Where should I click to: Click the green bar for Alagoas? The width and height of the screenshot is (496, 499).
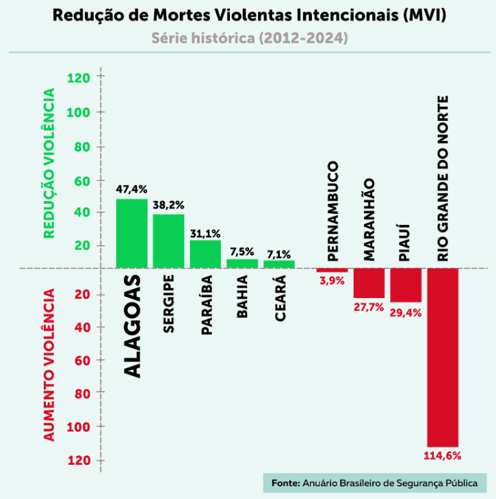pyautogui.click(x=131, y=233)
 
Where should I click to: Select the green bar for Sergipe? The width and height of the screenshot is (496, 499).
pyautogui.click(x=168, y=241)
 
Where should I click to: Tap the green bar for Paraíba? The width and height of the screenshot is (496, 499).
pyautogui.click(x=205, y=254)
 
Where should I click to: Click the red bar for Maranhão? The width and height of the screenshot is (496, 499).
pyautogui.click(x=369, y=283)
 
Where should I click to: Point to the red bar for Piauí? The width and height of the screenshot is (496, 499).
pyautogui.click(x=406, y=285)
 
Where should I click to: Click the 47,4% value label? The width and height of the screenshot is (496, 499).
pyautogui.click(x=131, y=189)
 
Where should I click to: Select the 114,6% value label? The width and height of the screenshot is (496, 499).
pyautogui.click(x=443, y=455)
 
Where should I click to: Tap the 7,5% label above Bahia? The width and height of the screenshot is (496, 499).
pyautogui.click(x=242, y=251)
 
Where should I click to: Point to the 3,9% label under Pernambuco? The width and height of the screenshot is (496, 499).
pyautogui.click(x=332, y=280)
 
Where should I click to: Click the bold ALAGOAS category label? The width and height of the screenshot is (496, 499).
pyautogui.click(x=132, y=325)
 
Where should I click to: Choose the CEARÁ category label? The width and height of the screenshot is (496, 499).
pyautogui.click(x=279, y=294)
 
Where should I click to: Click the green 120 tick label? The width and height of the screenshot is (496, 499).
pyautogui.click(x=79, y=78)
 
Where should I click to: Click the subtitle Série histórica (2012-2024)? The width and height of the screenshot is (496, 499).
pyautogui.click(x=248, y=38)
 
